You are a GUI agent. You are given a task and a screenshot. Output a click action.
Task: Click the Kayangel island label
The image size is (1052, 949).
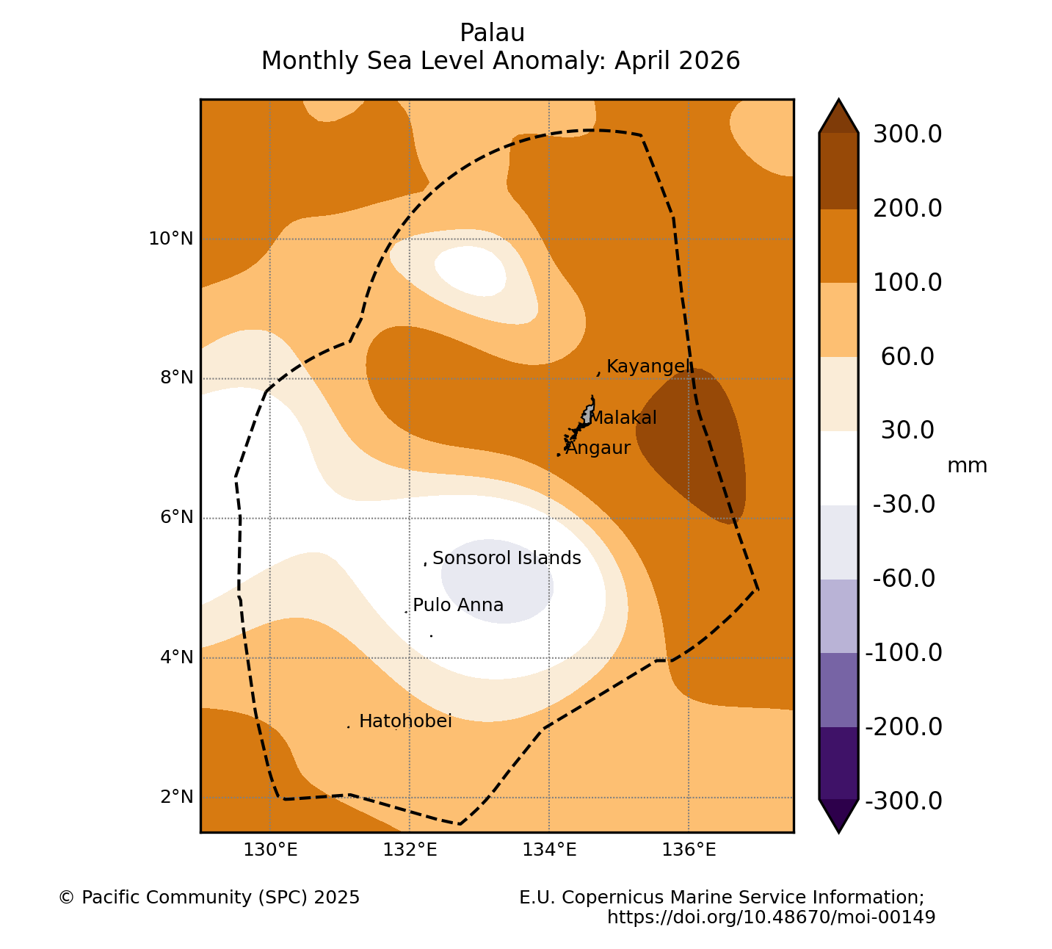tap(648, 367)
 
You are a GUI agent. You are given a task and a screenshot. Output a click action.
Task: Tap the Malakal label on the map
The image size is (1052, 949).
tap(623, 418)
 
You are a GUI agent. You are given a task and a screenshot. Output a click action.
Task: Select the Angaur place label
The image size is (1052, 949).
tap(598, 448)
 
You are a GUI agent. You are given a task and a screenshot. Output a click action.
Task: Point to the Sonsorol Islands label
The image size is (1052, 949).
tap(507, 558)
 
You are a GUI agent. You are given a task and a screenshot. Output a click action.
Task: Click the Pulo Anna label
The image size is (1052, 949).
tap(458, 605)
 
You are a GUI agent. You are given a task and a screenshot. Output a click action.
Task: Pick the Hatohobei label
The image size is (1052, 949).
tap(405, 721)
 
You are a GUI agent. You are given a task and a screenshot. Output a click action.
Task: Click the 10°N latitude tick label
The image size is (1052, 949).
tap(171, 239)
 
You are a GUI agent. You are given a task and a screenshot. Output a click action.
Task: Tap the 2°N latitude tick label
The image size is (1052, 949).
tap(177, 797)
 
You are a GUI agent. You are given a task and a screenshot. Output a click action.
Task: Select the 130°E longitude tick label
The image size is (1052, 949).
tap(270, 849)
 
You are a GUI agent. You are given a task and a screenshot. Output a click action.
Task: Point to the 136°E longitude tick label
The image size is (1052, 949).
tap(689, 849)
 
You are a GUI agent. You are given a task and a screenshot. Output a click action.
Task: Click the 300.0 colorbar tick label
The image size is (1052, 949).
tap(907, 134)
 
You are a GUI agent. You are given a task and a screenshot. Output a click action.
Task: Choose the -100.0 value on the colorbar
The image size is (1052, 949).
tap(904, 653)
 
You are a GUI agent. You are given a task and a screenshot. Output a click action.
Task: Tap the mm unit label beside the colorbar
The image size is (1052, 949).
tap(967, 466)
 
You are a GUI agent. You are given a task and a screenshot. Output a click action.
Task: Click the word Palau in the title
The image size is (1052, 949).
tap(492, 33)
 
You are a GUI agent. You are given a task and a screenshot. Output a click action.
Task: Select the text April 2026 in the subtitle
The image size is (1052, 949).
tap(677, 61)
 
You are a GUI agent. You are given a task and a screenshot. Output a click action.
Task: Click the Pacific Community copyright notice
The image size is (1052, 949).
tap(209, 898)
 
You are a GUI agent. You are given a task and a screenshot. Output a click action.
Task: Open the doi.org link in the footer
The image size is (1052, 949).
tap(771, 917)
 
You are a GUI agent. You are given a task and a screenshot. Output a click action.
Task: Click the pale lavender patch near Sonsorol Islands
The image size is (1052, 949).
tap(497, 582)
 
